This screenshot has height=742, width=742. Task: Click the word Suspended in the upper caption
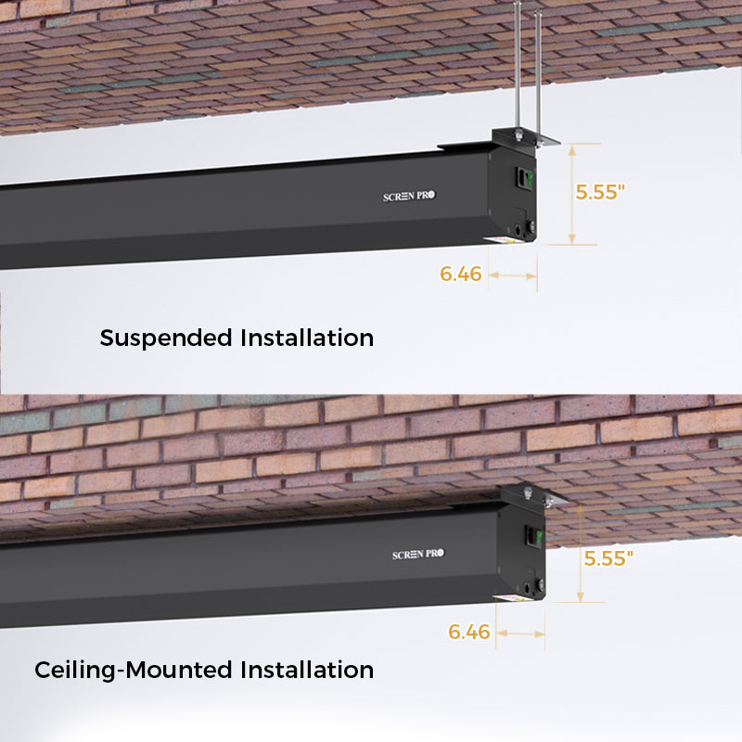click(166, 339)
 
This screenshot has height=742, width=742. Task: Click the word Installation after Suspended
click(307, 338)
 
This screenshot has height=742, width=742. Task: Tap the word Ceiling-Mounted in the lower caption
click(134, 671)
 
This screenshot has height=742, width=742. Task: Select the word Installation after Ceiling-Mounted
click(307, 670)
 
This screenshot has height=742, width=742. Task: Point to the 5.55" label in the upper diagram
click(600, 192)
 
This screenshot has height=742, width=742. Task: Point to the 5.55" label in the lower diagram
click(608, 558)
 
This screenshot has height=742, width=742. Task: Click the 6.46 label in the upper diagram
click(460, 274)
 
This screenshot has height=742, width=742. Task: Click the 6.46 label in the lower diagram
click(469, 632)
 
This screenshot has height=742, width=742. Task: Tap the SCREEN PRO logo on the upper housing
click(409, 196)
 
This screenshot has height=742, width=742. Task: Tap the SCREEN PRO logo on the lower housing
click(418, 554)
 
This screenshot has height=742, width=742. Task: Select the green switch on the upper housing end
click(530, 179)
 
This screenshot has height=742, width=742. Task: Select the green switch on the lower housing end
click(539, 537)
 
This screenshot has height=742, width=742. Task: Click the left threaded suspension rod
click(518, 66)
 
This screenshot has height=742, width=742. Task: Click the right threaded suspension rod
click(538, 76)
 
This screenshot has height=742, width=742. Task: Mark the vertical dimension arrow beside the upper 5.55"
click(572, 195)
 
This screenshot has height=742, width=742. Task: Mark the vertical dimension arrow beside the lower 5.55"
click(581, 553)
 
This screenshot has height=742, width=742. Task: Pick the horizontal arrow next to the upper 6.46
click(513, 275)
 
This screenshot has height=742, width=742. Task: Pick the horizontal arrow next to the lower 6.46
click(520, 633)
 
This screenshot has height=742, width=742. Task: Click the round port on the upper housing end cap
click(518, 230)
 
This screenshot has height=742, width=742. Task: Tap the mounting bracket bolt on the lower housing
click(528, 493)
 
